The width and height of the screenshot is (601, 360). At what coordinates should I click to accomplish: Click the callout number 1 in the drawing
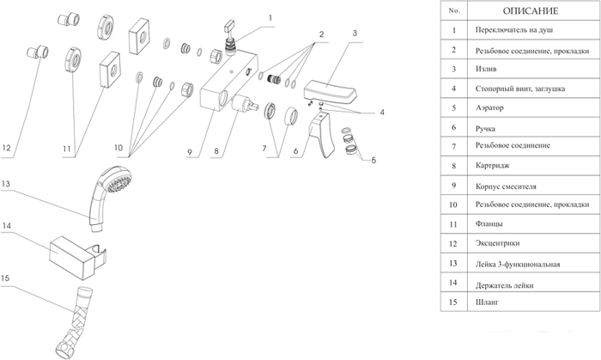pyautogui.click(x=270, y=16)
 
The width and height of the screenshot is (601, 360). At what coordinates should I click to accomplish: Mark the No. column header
pyautogui.click(x=454, y=11)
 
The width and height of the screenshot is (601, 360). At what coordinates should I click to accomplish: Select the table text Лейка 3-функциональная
pyautogui.click(x=517, y=263)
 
